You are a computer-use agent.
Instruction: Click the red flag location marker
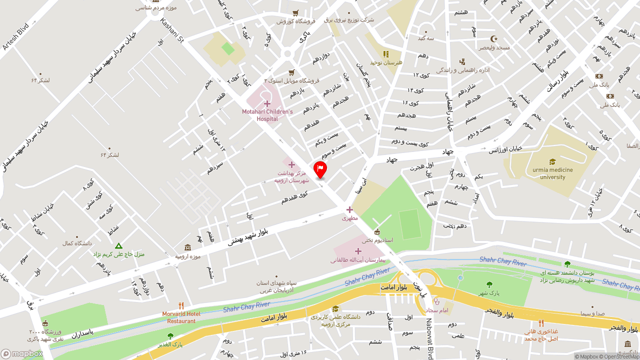[x=320, y=169]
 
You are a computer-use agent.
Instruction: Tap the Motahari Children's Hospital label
[x=267, y=115]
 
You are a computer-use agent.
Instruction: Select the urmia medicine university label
[x=552, y=173]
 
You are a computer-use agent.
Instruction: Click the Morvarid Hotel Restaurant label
[x=181, y=317]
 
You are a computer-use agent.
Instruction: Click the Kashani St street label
[x=172, y=30]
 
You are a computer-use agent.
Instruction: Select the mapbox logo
[x=21, y=353]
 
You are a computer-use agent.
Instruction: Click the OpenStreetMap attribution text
[x=620, y=356]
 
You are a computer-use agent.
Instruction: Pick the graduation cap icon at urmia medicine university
[x=552, y=161]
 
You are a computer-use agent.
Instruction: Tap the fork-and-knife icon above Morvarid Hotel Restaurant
[x=181, y=305]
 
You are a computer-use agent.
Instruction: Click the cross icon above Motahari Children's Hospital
[x=267, y=103]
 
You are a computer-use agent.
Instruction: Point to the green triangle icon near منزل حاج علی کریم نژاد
[x=118, y=246]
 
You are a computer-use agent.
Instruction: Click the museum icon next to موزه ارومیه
[x=187, y=247]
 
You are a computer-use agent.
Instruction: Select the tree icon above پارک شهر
[x=489, y=284]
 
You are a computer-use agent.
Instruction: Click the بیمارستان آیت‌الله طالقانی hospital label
[x=358, y=260]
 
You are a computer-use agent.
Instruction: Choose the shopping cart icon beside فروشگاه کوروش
[x=295, y=13]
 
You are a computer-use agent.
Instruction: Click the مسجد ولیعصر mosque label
[x=494, y=47]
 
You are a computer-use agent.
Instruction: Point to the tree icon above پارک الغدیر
[x=170, y=336]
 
